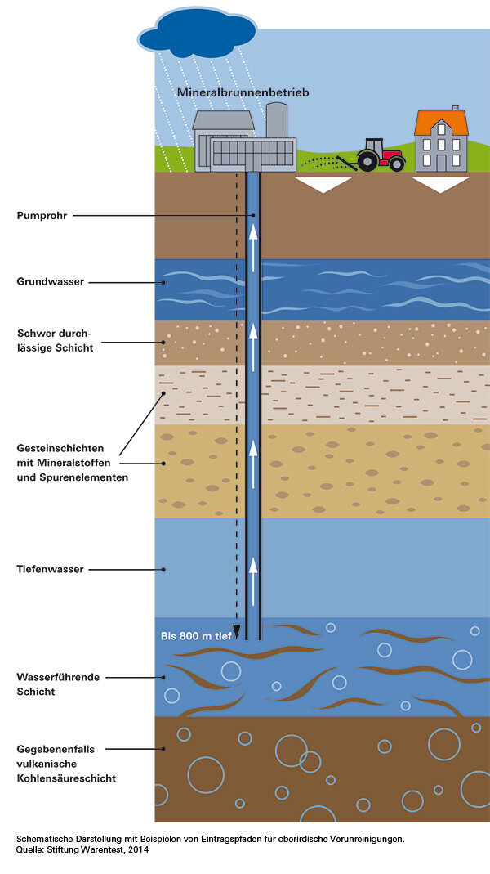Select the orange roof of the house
pos(441,123)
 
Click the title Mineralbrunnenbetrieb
pos(243,93)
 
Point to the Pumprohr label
pos(42,216)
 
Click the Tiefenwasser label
pos(50,569)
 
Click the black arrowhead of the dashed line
pos(236,630)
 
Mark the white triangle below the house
pos(441,185)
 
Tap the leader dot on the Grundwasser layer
pos(164,282)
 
